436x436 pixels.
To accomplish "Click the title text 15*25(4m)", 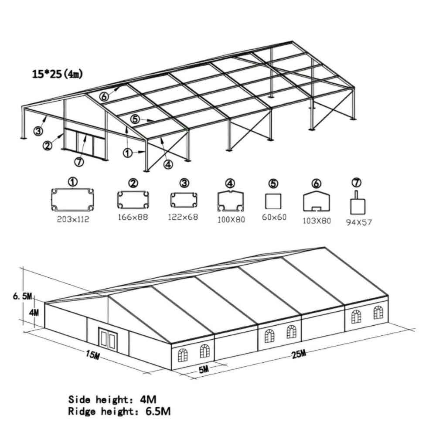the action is [x=57, y=74].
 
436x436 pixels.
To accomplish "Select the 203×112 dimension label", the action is [x=73, y=219].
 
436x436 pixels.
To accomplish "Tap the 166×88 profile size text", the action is [x=133, y=217].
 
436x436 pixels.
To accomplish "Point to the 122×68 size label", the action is [x=183, y=217].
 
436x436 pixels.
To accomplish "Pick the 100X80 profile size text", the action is [x=231, y=220].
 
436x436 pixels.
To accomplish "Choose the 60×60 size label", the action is [x=274, y=217].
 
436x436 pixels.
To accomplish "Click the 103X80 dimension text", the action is [x=317, y=221].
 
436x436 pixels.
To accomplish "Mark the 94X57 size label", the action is [x=359, y=222].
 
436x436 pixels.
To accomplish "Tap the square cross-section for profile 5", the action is [x=273, y=201].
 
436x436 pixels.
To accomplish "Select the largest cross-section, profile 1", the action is [x=72, y=200].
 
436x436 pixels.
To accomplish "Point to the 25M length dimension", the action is [x=299, y=354].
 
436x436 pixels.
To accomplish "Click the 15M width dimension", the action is [x=92, y=354].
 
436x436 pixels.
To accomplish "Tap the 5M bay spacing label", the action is [x=204, y=369].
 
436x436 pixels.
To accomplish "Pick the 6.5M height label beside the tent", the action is [x=22, y=296].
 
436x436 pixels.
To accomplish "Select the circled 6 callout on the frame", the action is [x=104, y=96].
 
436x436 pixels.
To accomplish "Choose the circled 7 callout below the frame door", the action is [x=79, y=162].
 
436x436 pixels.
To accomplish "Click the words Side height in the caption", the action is [x=99, y=400].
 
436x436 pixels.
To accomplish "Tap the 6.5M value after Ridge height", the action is [x=158, y=411].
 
